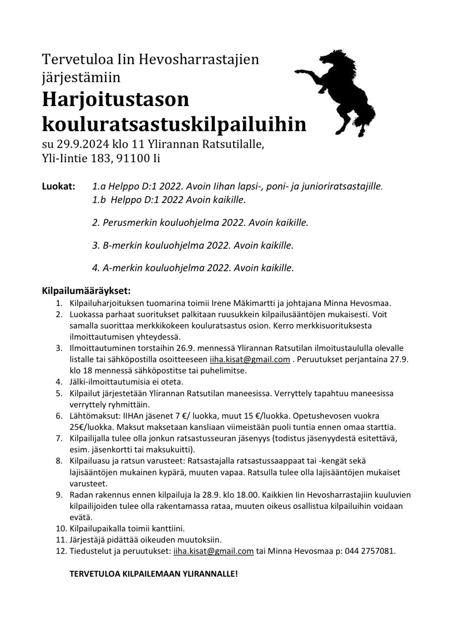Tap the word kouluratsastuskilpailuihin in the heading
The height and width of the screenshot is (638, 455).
point(174,124)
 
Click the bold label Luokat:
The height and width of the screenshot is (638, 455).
point(58,186)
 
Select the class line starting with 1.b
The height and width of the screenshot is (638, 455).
point(169,200)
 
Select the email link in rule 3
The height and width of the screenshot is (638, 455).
point(250,359)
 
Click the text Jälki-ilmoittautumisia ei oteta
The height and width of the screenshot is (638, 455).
point(126,382)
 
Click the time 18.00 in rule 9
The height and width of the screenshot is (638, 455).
point(247,495)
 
